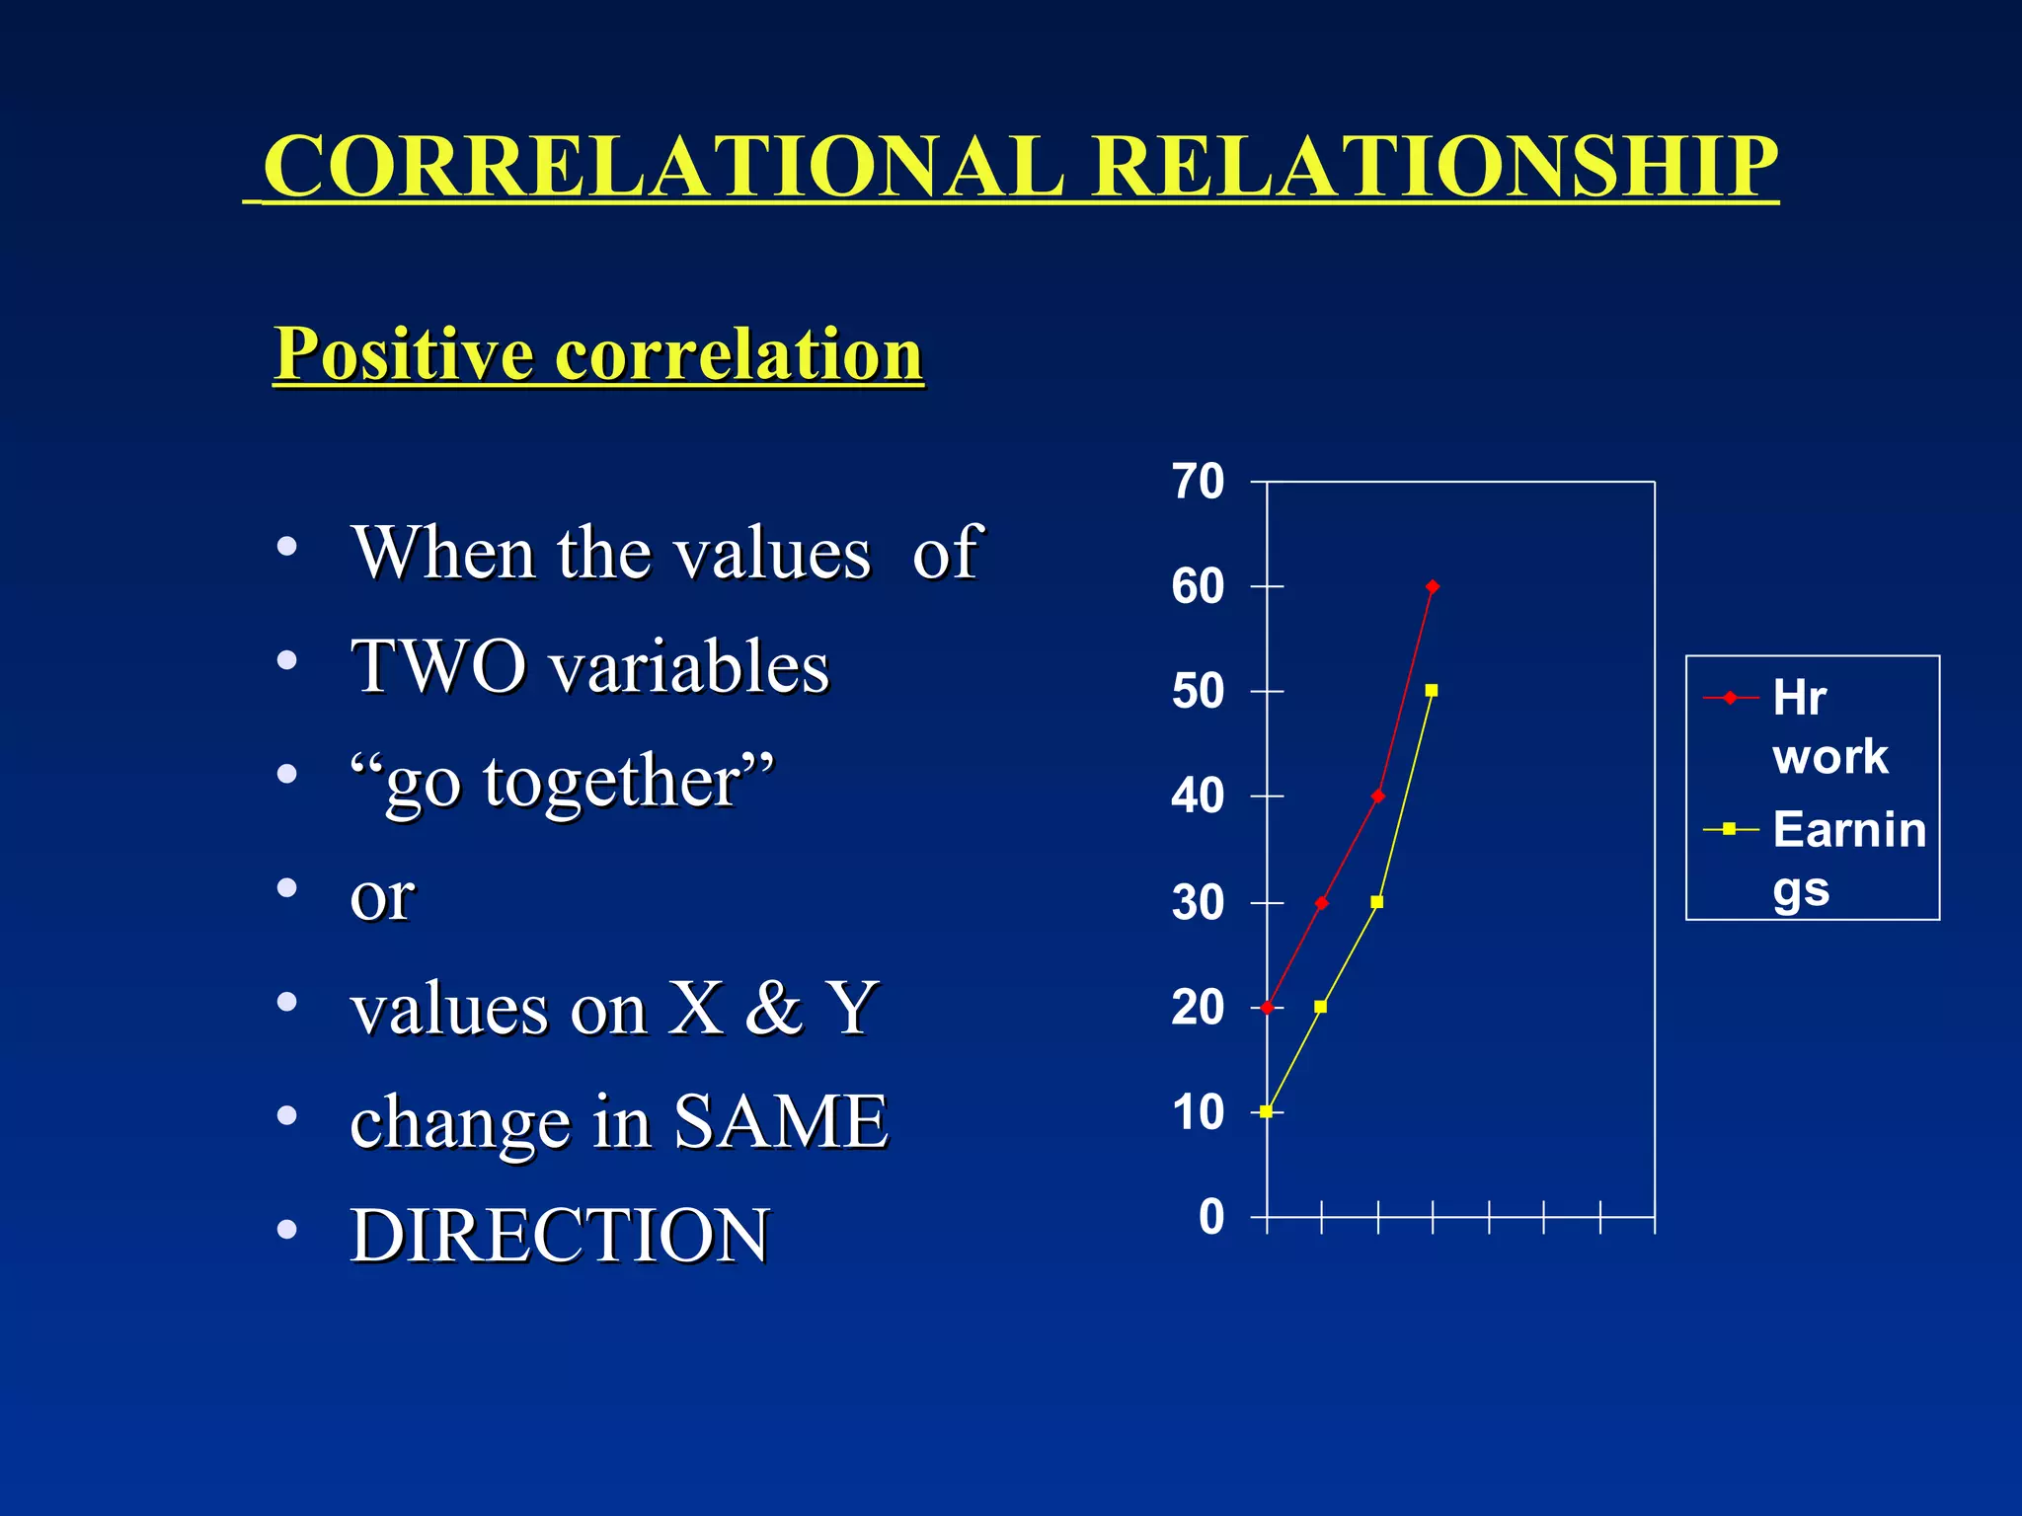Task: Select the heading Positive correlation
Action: (x=598, y=353)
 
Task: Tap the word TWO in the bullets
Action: (x=438, y=667)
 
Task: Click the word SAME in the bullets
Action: (x=780, y=1122)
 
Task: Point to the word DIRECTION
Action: (x=560, y=1236)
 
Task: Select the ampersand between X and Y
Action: (x=774, y=1009)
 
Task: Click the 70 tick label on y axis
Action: (x=1198, y=482)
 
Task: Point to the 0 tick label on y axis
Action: (x=1211, y=1217)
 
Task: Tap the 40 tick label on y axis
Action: (x=1198, y=796)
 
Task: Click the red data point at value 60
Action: (x=1433, y=587)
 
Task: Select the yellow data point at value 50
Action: (x=1432, y=691)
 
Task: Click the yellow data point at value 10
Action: (x=1267, y=1111)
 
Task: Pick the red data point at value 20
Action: (x=1267, y=1008)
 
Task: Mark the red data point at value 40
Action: (x=1378, y=796)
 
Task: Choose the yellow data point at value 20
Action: (x=1321, y=1007)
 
